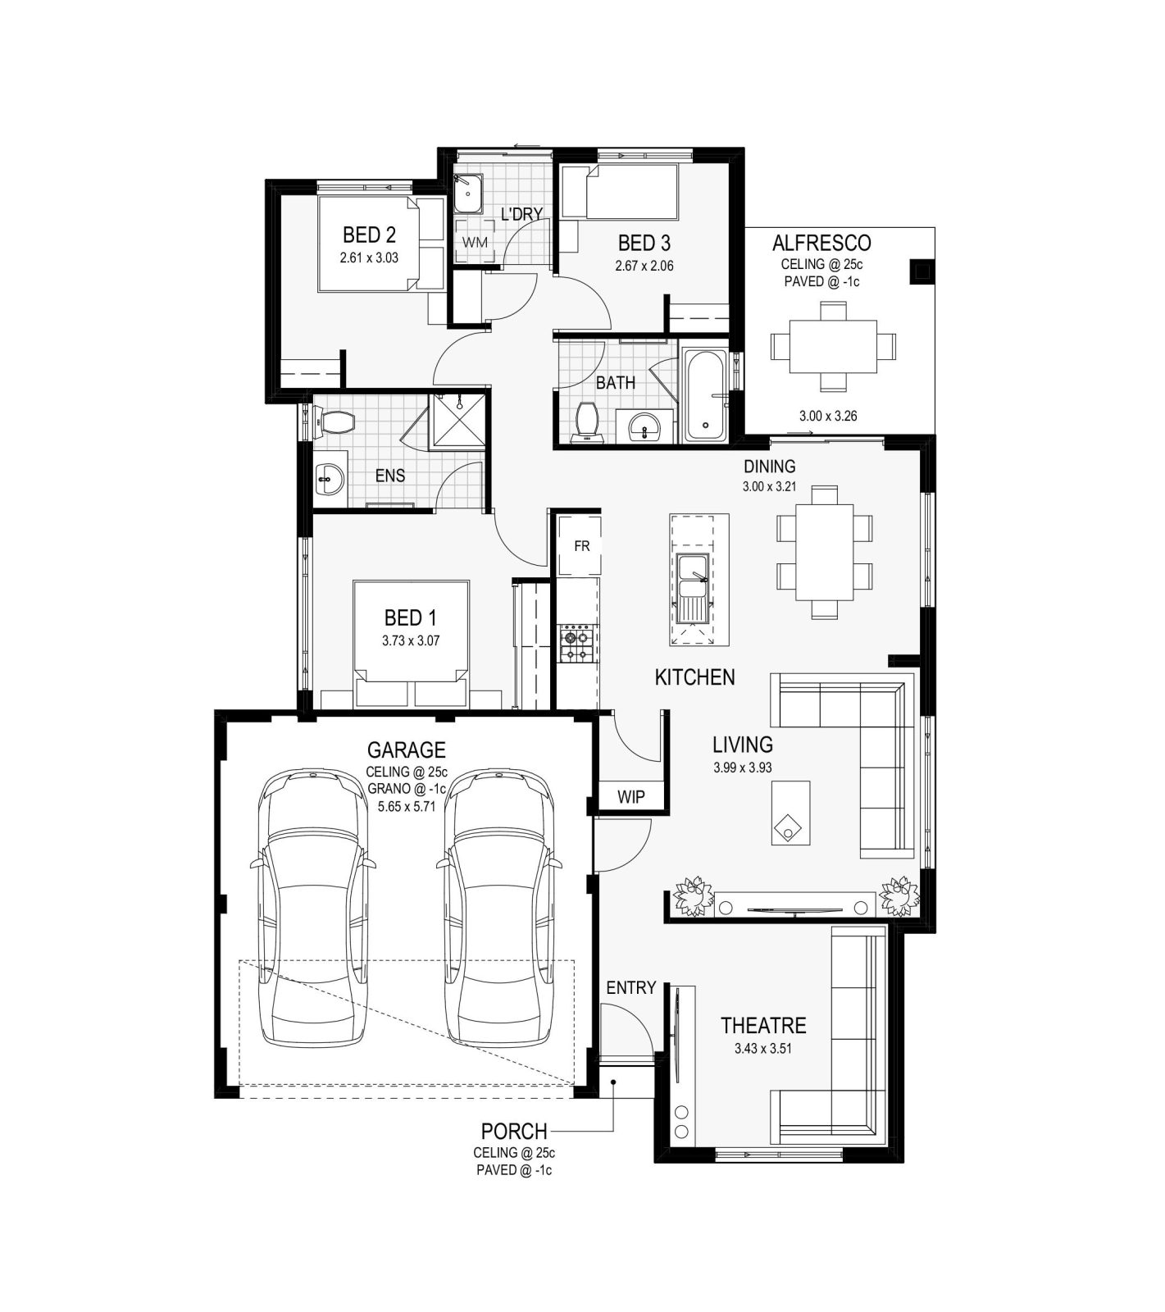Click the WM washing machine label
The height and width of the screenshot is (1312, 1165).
(475, 243)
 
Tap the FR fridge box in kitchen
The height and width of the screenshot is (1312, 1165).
(581, 545)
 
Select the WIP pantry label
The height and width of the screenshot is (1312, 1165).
(630, 796)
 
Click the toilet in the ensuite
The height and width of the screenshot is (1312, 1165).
(336, 423)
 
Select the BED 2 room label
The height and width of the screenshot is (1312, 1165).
(369, 235)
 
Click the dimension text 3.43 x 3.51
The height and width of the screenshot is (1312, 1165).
(763, 1048)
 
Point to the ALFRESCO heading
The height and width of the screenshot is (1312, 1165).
(821, 243)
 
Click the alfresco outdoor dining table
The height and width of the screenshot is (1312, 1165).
(833, 345)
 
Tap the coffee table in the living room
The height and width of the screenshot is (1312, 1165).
(790, 813)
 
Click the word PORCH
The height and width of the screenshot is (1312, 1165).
(514, 1131)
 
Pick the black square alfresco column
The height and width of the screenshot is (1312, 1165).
(921, 271)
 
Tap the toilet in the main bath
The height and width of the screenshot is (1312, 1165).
(588, 421)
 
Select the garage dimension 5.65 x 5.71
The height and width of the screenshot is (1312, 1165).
(406, 807)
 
